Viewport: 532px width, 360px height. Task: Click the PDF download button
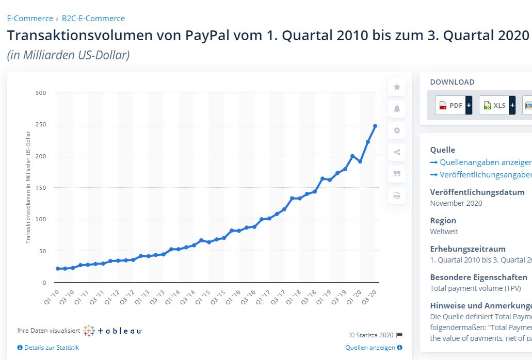450,105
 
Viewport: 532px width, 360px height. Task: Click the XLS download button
494,105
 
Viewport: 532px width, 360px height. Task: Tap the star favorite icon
397,87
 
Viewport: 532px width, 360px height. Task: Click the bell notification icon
397,109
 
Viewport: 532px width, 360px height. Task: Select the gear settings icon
397,130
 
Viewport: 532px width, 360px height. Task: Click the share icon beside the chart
397,152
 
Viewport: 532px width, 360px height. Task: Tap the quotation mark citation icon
397,174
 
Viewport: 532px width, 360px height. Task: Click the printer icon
397,195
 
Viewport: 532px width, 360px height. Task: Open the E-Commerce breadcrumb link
30,19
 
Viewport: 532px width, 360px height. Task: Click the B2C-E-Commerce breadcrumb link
93,19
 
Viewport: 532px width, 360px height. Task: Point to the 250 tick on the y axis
41,124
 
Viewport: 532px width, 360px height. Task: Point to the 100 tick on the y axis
41,219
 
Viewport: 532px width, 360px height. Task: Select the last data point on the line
375,126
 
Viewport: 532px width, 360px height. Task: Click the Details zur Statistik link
51,348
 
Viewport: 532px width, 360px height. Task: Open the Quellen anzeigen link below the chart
370,348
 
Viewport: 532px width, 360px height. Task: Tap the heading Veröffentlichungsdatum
477,192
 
